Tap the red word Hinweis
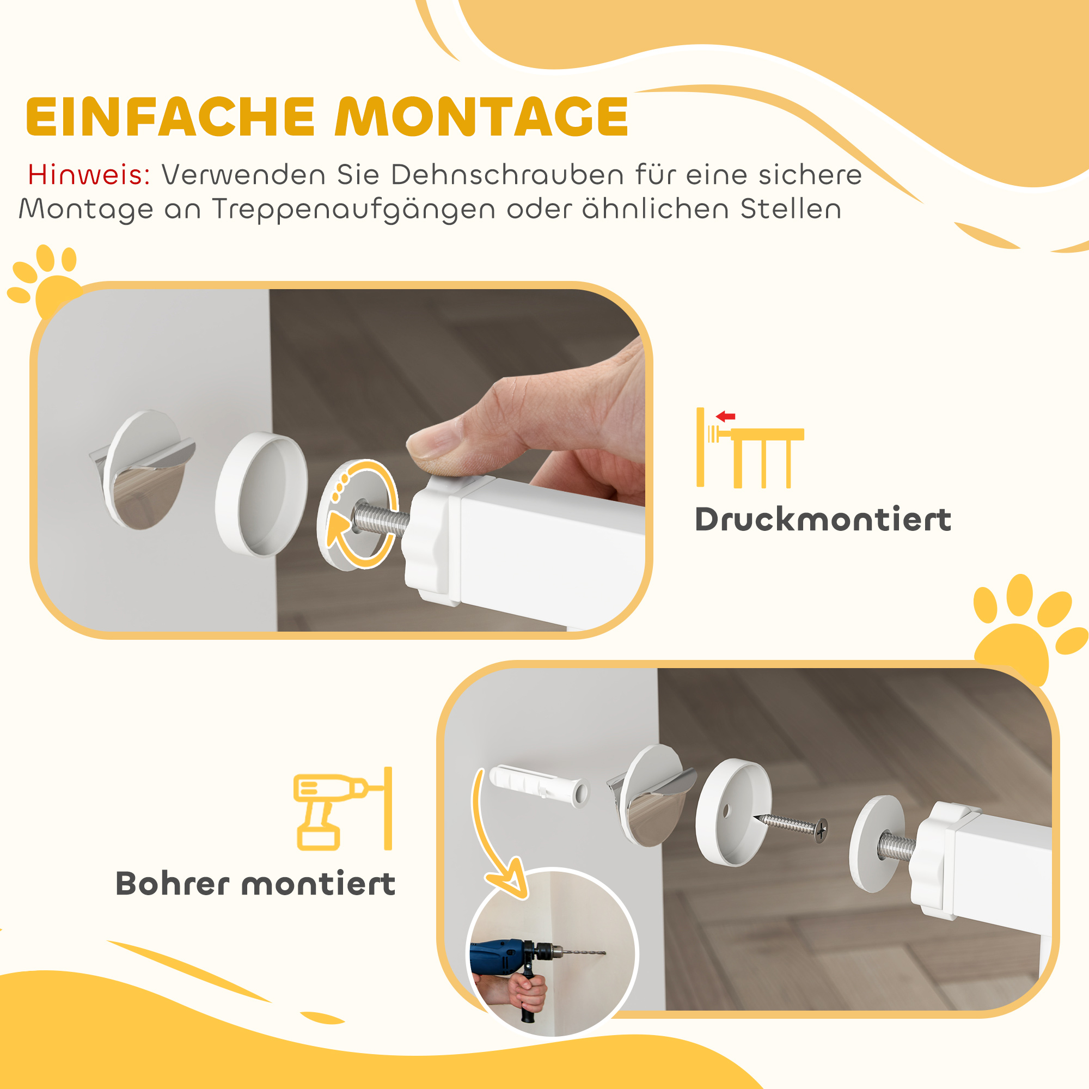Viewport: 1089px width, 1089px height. pos(89,175)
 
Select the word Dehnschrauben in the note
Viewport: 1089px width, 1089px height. pos(507,175)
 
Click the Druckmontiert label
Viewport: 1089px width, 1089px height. pos(822,519)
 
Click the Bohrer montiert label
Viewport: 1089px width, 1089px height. pos(255,884)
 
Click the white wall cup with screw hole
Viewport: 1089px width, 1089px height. pos(733,812)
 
